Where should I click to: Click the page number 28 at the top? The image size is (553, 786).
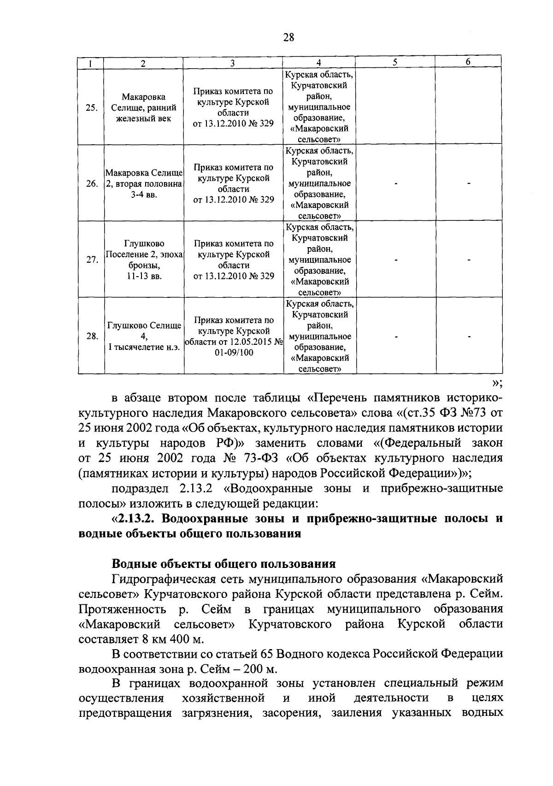(x=288, y=38)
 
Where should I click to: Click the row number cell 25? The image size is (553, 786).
(x=91, y=108)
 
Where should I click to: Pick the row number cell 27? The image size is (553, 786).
(x=92, y=260)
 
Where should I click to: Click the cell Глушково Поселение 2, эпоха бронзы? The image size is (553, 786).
(x=144, y=260)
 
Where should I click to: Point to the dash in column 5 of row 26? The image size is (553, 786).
(x=395, y=184)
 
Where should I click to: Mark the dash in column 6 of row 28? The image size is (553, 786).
(x=469, y=337)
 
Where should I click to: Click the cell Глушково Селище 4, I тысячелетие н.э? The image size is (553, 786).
(x=144, y=337)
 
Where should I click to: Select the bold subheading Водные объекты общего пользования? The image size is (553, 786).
(x=224, y=564)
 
